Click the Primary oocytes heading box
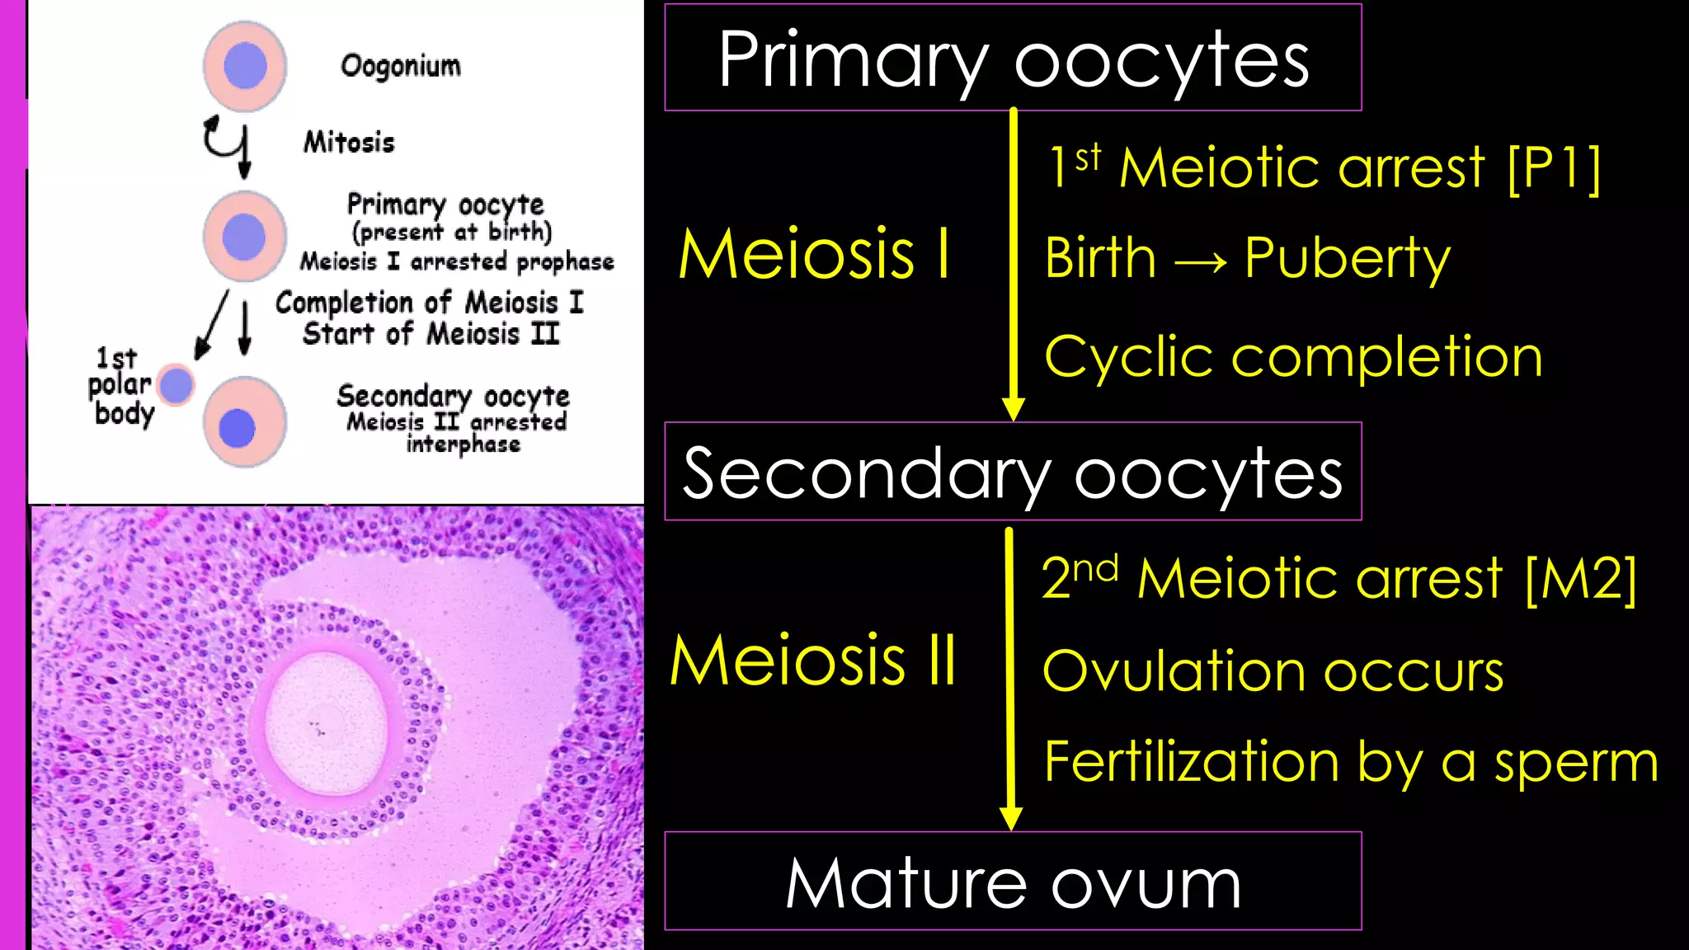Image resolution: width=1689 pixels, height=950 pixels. (1013, 58)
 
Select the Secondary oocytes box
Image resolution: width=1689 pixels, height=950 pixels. (1013, 472)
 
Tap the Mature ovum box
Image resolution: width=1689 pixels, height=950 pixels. (1013, 882)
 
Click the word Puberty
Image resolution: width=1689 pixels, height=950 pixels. (1347, 259)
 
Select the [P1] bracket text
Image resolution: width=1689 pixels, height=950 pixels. (1554, 168)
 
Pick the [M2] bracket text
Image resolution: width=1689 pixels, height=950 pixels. (1581, 578)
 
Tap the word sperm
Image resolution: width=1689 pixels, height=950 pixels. (1576, 762)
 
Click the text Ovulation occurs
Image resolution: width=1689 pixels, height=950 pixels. (1273, 670)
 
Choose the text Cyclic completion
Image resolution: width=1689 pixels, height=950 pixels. (1293, 357)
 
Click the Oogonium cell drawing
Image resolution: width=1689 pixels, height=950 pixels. (245, 66)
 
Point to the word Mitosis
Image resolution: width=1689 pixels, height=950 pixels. (349, 142)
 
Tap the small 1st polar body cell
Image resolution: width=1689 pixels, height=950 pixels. (176, 384)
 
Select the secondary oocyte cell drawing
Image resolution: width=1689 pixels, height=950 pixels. (244, 422)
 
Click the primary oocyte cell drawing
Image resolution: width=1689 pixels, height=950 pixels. (245, 236)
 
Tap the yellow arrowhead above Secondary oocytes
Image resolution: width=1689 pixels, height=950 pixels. (1013, 408)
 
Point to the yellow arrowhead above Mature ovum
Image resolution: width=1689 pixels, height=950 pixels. (1010, 818)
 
